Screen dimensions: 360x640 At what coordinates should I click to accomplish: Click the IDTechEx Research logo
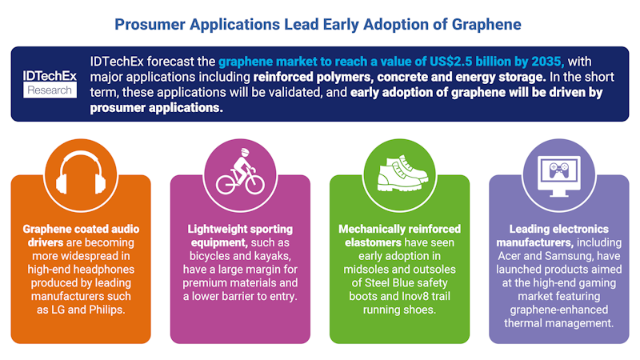tap(50, 82)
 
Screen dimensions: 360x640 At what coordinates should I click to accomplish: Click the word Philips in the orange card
tap(108, 310)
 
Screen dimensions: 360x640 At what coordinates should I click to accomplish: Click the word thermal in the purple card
tap(529, 322)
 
